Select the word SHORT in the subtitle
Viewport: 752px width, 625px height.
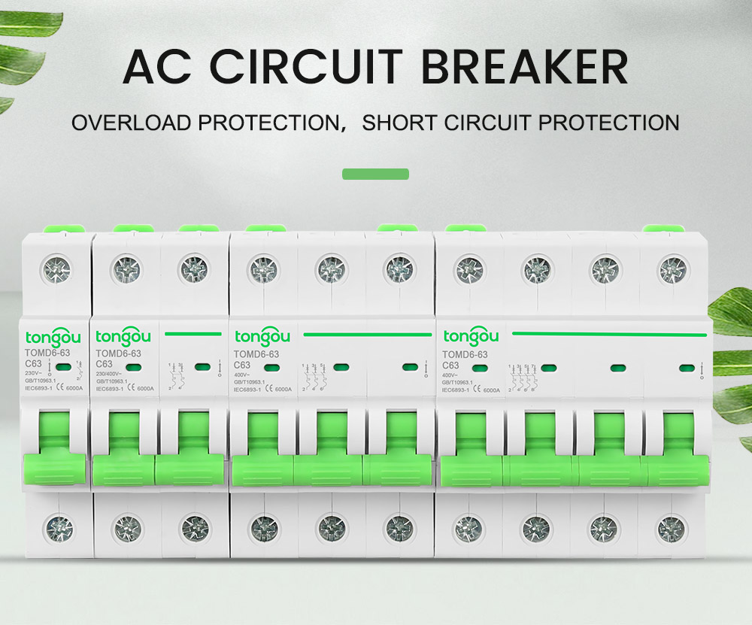396,122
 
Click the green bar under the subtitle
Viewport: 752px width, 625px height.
375,174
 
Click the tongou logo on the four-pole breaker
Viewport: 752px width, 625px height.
472,335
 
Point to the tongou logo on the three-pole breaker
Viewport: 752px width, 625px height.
262,335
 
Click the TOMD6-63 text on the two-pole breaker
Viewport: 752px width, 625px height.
119,353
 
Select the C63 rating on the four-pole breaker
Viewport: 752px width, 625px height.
452,366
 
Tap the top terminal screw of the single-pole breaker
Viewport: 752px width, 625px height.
57,269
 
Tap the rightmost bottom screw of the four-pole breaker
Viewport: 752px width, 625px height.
672,529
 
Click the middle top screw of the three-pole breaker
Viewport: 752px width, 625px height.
331,269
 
